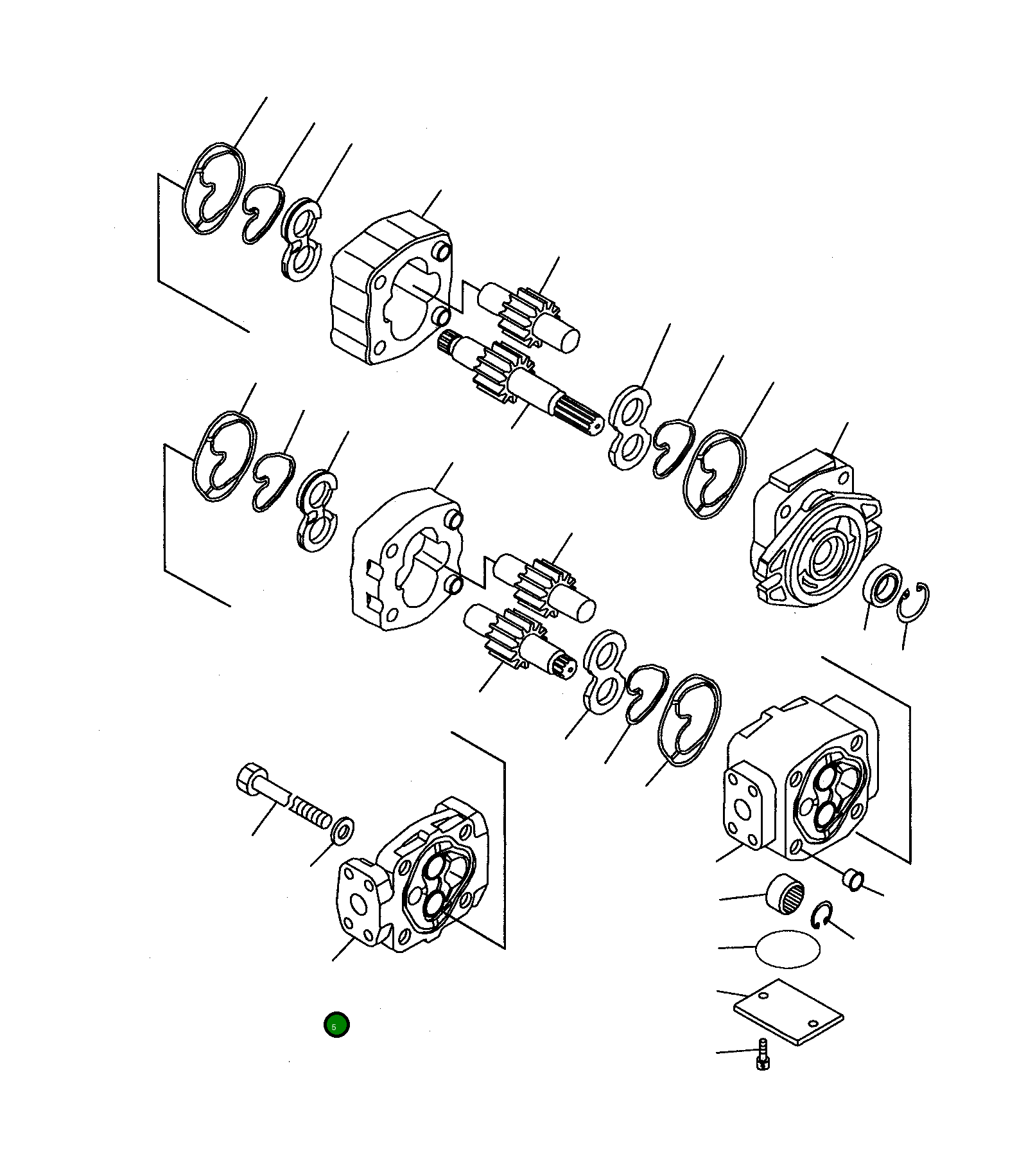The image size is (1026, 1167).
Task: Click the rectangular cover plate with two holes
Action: click(788, 1011)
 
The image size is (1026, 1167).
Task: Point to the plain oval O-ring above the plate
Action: click(788, 948)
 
